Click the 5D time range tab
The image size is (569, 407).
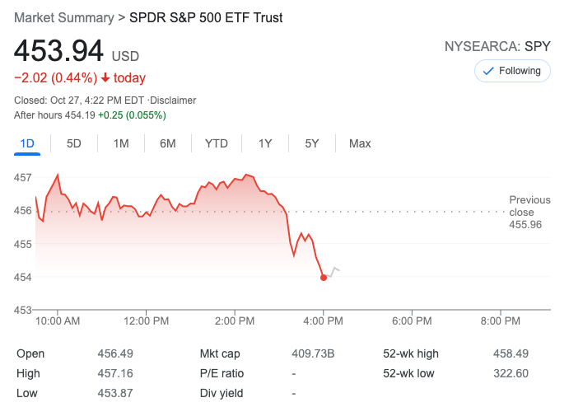click(x=74, y=143)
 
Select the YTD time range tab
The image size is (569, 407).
click(x=217, y=143)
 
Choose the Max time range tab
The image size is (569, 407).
click(x=360, y=143)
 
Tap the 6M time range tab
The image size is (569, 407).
click(x=168, y=143)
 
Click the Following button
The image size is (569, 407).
click(x=511, y=71)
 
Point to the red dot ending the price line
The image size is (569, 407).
click(x=324, y=278)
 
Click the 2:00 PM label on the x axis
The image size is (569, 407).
click(x=235, y=320)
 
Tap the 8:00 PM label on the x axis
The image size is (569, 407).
click(x=501, y=320)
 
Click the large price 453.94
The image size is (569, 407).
click(x=58, y=52)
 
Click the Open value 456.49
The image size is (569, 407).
click(x=114, y=353)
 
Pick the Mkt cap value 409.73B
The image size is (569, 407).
click(x=314, y=353)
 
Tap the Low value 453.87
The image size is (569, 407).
click(x=114, y=393)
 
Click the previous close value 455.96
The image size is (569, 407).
click(x=525, y=224)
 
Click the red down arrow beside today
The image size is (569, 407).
click(x=105, y=78)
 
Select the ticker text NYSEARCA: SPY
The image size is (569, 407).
click(x=497, y=47)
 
